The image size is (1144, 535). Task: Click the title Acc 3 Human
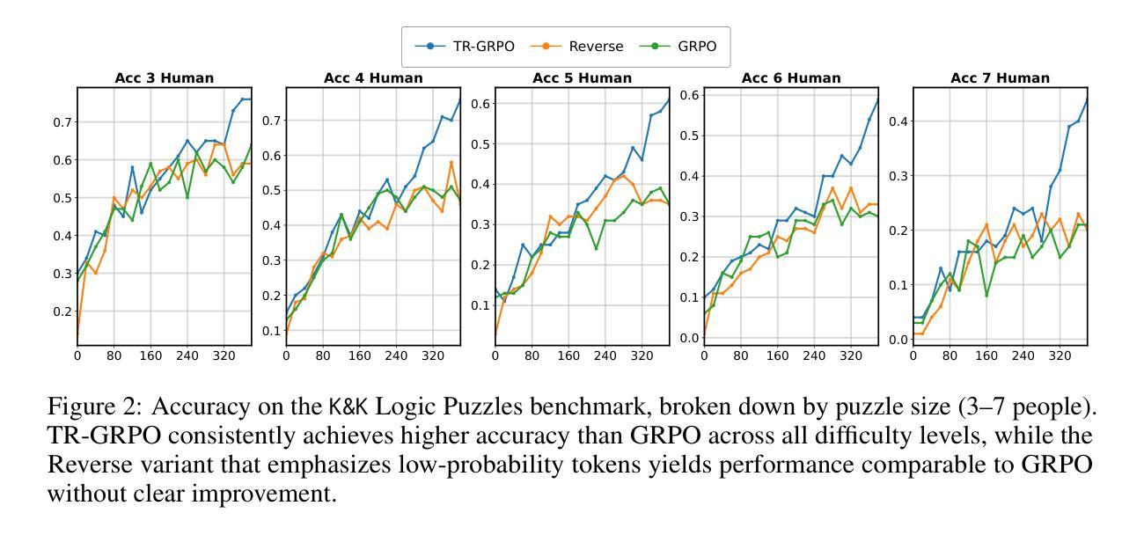point(164,77)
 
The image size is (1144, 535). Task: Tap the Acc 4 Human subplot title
point(373,77)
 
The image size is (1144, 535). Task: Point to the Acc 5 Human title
point(582,77)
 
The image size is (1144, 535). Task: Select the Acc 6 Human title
point(791,77)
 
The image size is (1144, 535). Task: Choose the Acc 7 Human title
point(1000,77)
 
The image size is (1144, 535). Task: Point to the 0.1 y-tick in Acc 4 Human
point(272,331)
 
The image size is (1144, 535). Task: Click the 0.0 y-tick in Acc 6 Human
point(690,338)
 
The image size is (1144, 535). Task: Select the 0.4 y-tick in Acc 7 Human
point(898,121)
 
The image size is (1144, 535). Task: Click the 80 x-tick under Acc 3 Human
point(114,356)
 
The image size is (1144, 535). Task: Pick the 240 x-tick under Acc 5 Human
point(605,356)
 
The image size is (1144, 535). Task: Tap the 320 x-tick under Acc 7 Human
point(1060,356)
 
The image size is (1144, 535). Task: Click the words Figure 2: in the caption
point(84,408)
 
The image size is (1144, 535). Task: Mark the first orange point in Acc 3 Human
point(77,335)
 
